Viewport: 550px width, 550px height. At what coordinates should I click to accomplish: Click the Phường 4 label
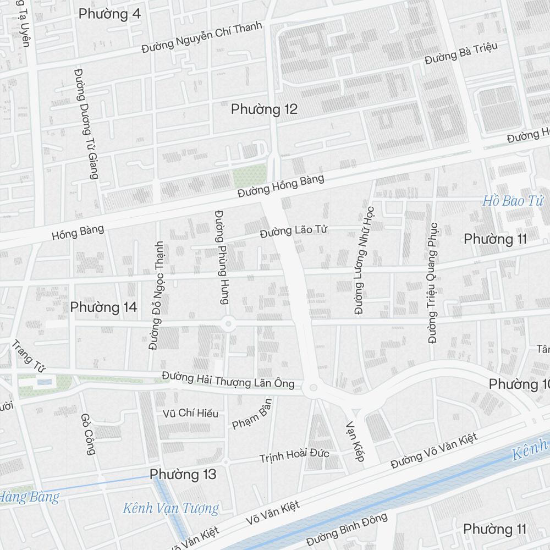(109, 14)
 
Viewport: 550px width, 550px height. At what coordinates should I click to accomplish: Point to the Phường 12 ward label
(264, 109)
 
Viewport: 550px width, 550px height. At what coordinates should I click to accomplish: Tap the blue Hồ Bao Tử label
(513, 201)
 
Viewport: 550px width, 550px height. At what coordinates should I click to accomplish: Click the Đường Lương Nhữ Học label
(364, 260)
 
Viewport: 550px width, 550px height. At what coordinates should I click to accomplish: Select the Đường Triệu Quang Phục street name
(433, 283)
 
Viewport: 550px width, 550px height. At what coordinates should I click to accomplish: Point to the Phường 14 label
(103, 307)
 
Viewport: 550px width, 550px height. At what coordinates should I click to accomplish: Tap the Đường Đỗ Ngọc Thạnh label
(156, 295)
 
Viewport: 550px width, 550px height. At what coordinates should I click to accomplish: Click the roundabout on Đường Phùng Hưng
(228, 324)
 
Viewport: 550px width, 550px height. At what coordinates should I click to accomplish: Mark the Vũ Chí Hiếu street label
(190, 413)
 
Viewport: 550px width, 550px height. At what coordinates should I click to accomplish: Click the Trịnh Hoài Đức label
(294, 455)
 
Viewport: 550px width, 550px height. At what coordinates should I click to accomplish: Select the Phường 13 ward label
(183, 474)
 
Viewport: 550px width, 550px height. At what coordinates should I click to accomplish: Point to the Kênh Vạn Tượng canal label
(170, 508)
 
